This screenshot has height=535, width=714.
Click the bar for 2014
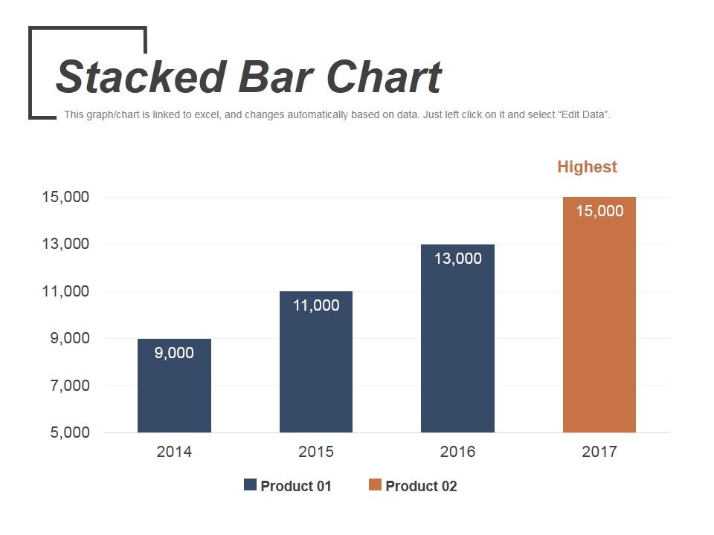click(x=174, y=394)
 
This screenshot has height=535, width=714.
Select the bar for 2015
click(x=316, y=372)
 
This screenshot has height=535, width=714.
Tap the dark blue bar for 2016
click(x=457, y=349)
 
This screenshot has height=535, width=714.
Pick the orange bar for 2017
click(x=599, y=327)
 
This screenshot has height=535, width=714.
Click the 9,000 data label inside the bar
click(x=174, y=353)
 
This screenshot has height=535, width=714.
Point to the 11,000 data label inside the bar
click(x=316, y=305)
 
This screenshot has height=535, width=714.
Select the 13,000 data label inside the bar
click(x=457, y=259)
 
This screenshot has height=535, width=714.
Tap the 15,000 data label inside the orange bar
click(x=599, y=211)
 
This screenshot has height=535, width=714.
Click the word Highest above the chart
click(x=587, y=167)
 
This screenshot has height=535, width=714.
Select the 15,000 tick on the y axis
click(x=65, y=197)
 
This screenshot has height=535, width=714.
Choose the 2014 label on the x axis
click(x=174, y=452)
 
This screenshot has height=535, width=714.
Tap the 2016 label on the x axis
click(x=457, y=452)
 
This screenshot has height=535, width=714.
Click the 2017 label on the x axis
click(x=599, y=452)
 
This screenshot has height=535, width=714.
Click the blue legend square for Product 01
click(x=250, y=485)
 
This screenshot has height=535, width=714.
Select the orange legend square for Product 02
click(x=375, y=485)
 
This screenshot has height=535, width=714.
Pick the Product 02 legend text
click(x=421, y=487)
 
